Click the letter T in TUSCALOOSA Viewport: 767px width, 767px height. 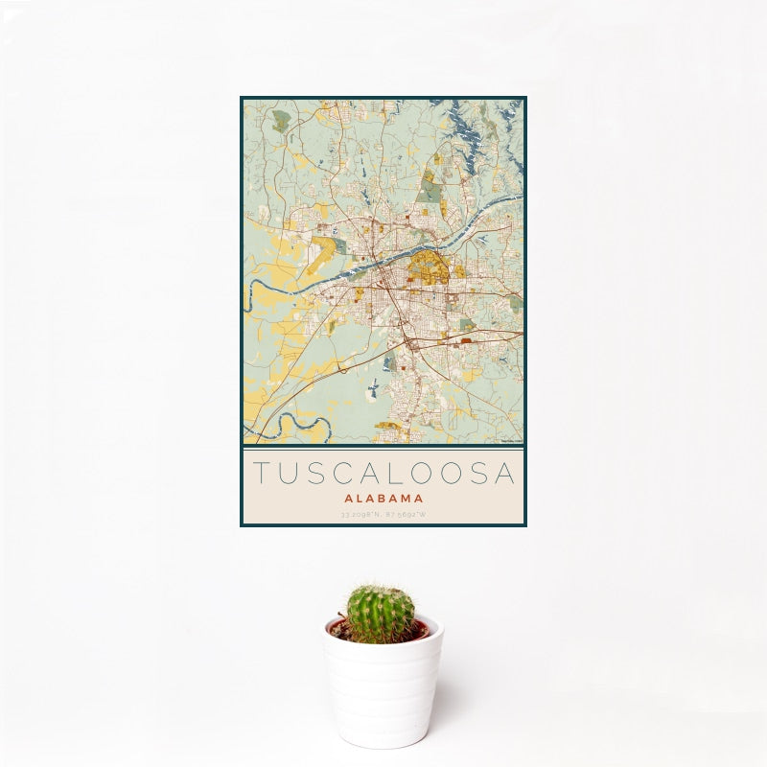click(262, 474)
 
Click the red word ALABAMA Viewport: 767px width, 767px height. click(383, 499)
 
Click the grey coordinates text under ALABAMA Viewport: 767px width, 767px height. click(383, 515)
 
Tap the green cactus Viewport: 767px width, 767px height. click(381, 614)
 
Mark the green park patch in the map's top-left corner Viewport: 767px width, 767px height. click(280, 122)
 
